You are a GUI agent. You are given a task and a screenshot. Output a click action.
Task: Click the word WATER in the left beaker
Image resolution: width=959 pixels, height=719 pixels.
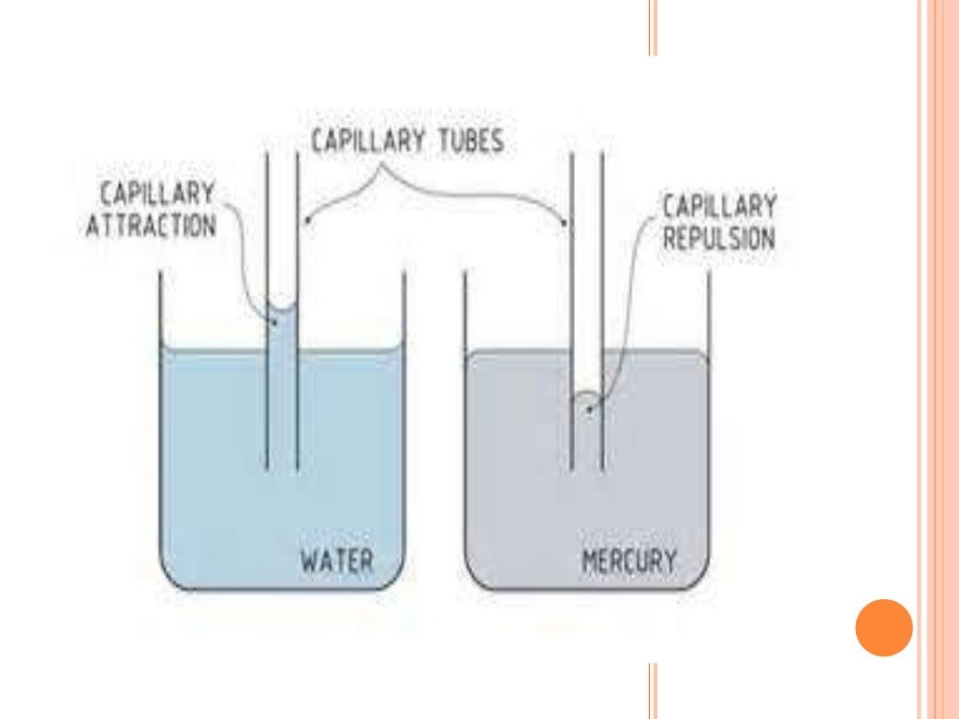tap(336, 561)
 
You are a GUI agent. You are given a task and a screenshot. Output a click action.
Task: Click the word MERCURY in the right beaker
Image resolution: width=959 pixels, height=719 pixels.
tap(628, 562)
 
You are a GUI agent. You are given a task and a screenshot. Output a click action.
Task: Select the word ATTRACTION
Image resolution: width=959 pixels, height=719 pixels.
tap(151, 226)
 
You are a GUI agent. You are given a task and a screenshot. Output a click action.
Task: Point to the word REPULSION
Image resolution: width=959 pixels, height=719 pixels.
tap(719, 238)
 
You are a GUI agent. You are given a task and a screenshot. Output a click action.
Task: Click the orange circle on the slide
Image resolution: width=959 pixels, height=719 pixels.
tap(883, 627)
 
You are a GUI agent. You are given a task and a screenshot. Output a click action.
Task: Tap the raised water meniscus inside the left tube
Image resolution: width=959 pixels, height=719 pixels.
tap(282, 310)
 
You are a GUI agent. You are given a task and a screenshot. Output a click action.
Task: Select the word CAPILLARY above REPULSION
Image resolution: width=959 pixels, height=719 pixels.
tap(719, 206)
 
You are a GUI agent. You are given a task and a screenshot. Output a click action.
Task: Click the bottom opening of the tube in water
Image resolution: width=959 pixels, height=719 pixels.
tap(282, 467)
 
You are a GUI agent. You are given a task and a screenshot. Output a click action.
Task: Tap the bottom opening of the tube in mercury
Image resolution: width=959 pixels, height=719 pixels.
tap(587, 468)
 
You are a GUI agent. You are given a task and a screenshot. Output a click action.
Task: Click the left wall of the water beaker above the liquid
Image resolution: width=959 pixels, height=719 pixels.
tap(160, 309)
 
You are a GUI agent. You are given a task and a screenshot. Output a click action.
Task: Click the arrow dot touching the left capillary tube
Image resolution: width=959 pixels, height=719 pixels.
tap(306, 223)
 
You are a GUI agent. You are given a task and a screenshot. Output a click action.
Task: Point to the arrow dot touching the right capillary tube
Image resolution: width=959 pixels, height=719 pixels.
tap(564, 223)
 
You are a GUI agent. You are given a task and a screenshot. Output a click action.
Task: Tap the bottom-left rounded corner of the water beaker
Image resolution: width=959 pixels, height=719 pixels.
tap(171, 578)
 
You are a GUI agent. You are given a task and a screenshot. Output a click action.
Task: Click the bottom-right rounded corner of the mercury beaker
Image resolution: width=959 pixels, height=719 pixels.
tap(698, 578)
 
